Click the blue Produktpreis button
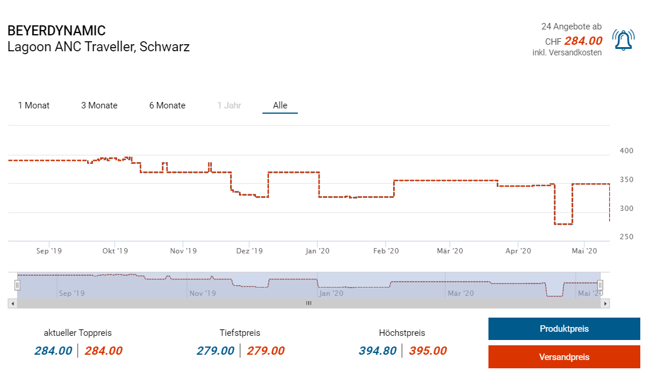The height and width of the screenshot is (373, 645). click(564, 329)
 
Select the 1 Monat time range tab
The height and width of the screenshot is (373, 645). click(34, 105)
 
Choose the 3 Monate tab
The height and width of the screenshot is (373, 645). click(99, 105)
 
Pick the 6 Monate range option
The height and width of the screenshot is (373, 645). click(167, 105)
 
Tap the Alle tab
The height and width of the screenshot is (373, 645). click(280, 105)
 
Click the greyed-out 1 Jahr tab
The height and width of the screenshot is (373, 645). click(229, 105)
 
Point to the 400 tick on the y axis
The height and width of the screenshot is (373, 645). click(626, 151)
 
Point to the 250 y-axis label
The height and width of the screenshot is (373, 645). click(626, 237)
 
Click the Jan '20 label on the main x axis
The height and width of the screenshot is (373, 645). click(317, 251)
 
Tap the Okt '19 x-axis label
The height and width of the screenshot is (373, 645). click(115, 251)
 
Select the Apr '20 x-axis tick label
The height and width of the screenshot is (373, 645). click(518, 251)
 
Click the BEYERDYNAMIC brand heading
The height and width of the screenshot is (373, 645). click(56, 31)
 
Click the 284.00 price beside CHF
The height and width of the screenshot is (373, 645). click(583, 41)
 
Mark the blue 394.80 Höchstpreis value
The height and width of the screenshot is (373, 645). click(377, 351)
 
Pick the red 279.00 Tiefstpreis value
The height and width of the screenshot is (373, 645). click(265, 351)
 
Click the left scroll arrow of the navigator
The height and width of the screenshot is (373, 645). click(12, 303)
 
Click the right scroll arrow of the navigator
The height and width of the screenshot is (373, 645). click(605, 303)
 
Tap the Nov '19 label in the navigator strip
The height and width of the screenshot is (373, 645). click(202, 293)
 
